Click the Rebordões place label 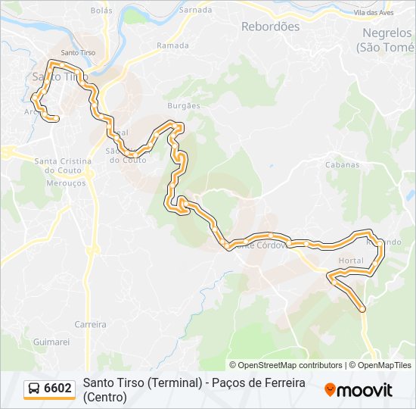[270, 27]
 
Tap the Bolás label [101, 11]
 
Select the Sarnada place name [196, 11]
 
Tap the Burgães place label [184, 106]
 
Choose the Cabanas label [341, 164]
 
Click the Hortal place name [352, 261]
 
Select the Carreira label [90, 324]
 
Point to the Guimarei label [51, 342]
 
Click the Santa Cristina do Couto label [63, 161]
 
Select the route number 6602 [58, 389]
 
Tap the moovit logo [359, 390]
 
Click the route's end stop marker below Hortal [362, 308]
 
